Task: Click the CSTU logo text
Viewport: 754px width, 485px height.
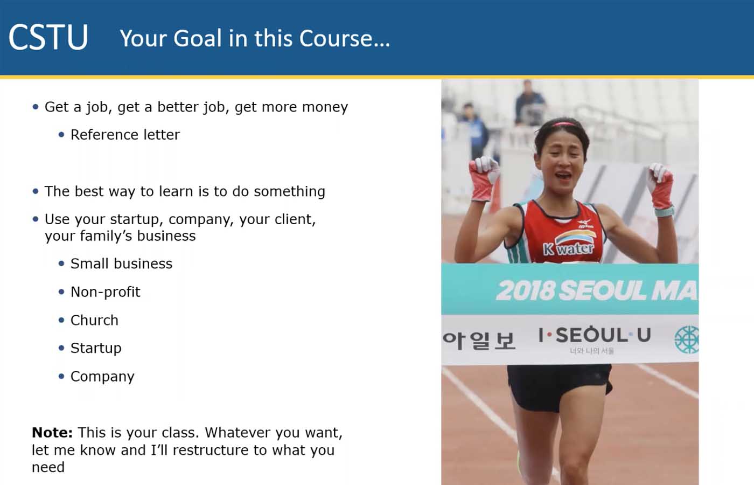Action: point(48,37)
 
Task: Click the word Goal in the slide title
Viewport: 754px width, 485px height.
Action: point(198,38)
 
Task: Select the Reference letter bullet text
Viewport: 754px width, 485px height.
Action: point(125,135)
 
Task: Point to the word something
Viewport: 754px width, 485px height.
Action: point(290,191)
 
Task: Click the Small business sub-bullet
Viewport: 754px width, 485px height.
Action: point(121,264)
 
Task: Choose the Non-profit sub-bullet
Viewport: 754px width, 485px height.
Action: point(106,292)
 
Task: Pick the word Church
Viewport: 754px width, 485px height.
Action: point(94,320)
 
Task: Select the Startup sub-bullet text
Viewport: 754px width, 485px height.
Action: point(96,348)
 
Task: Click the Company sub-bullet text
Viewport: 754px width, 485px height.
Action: point(102,377)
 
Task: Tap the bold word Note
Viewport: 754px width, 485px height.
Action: point(52,432)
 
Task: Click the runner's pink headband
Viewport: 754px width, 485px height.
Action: point(565,124)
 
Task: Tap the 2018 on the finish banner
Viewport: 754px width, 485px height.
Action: point(525,290)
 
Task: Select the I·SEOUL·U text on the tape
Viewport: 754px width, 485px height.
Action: point(595,335)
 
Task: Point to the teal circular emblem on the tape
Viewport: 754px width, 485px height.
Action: point(686,339)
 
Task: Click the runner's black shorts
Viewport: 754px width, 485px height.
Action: point(560,387)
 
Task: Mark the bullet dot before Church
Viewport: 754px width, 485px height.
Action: point(61,320)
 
